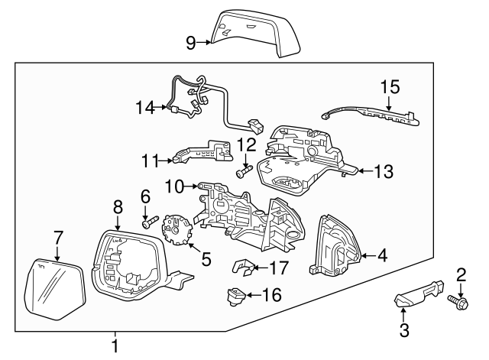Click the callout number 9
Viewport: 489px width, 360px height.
[190, 43]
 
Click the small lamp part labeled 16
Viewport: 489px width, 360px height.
[237, 294]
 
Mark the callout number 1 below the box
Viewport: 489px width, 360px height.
[115, 346]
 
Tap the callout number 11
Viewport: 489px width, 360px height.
[149, 161]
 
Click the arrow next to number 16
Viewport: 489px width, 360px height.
[254, 294]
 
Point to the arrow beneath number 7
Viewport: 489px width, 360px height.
[57, 251]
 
